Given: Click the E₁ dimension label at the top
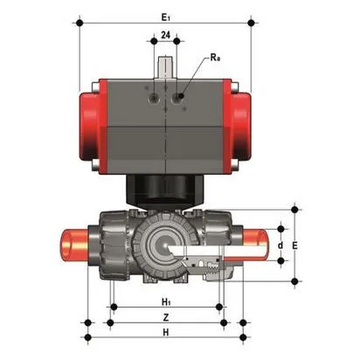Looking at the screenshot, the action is pos(165,17).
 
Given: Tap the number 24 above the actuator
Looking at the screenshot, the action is pos(165,35).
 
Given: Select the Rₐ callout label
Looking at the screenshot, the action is pos(215,58).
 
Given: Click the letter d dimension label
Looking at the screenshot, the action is pos(280,246).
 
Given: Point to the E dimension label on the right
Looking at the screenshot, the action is pos(294,246).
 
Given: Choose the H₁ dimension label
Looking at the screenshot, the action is pos(166,302).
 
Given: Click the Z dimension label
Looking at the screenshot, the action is pos(166,317).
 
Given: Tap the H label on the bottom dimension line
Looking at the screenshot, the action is pos(166,332).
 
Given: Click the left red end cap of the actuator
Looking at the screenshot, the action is pos(93,127).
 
